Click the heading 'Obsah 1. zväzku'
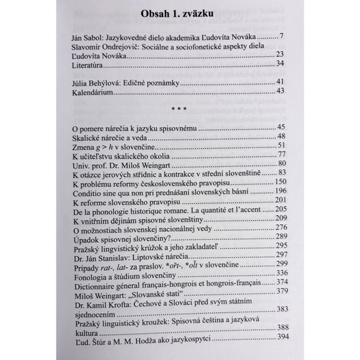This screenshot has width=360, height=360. [179, 14]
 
